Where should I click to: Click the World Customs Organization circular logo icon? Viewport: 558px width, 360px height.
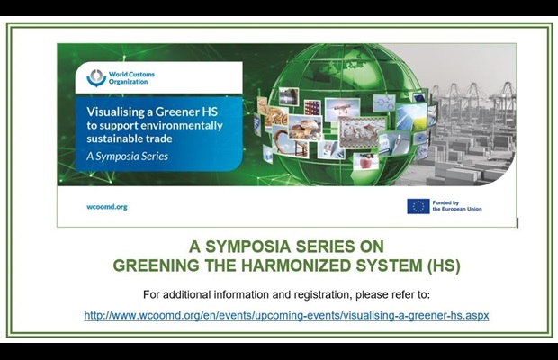(96, 78)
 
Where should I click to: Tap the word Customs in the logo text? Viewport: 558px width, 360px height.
(141, 75)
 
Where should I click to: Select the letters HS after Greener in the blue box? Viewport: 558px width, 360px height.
(210, 112)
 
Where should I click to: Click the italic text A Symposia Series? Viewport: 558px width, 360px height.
(128, 157)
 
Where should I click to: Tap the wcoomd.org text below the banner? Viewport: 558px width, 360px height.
(107, 207)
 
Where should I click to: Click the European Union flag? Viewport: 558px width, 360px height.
(418, 206)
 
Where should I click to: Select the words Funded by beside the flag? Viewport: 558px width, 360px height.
(445, 202)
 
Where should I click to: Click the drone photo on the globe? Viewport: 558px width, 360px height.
(342, 108)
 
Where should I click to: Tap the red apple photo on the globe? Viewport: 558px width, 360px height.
(365, 161)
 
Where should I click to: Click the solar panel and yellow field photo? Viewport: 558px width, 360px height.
(412, 117)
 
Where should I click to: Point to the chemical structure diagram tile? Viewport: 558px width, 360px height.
(384, 103)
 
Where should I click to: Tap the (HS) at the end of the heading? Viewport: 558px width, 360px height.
(444, 265)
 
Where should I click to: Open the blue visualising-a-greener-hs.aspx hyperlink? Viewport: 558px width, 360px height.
(286, 316)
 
